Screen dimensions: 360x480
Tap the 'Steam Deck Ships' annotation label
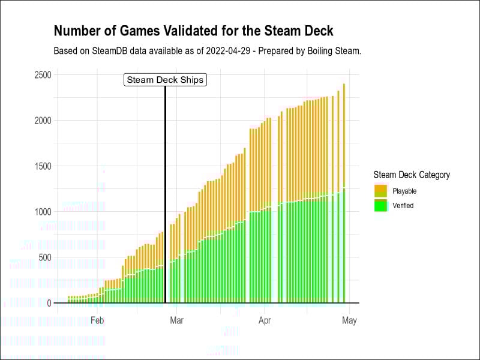pos(165,80)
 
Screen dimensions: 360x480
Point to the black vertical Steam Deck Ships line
pos(165,192)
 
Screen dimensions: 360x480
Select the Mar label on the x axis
pos(176,320)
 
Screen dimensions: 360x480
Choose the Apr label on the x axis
pos(265,320)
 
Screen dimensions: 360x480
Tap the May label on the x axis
pos(349,320)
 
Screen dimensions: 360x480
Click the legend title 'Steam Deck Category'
pos(411,175)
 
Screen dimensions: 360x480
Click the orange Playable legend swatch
pos(380,191)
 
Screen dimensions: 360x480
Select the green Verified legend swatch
pos(380,205)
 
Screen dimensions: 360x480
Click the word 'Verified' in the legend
pos(403,205)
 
